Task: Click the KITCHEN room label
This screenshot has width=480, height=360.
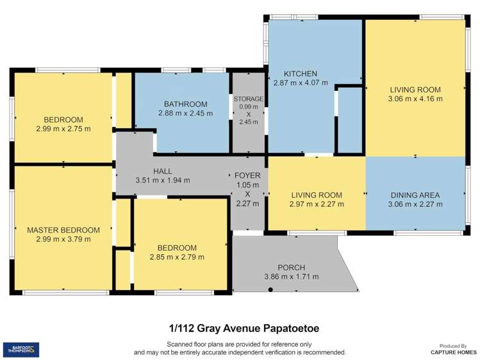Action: click(x=301, y=74)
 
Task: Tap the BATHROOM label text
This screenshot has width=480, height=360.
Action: click(x=185, y=104)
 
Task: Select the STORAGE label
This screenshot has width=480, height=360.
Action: click(x=248, y=99)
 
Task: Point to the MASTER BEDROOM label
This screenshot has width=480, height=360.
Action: click(x=63, y=230)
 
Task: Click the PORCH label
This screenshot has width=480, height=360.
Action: click(x=291, y=267)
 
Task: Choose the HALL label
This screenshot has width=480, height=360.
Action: click(x=163, y=171)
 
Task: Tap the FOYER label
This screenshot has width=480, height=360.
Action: click(x=247, y=175)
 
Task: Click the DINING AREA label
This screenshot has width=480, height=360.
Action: click(x=415, y=195)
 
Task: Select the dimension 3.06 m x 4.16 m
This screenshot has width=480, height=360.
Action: click(x=415, y=99)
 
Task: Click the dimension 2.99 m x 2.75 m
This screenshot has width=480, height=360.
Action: click(x=63, y=128)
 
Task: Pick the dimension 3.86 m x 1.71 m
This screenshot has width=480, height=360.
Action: click(x=291, y=277)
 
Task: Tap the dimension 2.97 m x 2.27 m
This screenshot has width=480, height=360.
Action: click(x=317, y=204)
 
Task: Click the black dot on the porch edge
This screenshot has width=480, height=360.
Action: click(x=270, y=290)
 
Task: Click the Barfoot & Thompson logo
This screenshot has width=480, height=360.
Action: click(x=21, y=350)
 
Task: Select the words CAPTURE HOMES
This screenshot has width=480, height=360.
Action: click(x=453, y=352)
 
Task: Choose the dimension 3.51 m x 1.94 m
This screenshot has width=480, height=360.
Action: click(x=163, y=180)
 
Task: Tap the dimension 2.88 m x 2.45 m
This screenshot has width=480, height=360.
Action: click(x=185, y=113)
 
